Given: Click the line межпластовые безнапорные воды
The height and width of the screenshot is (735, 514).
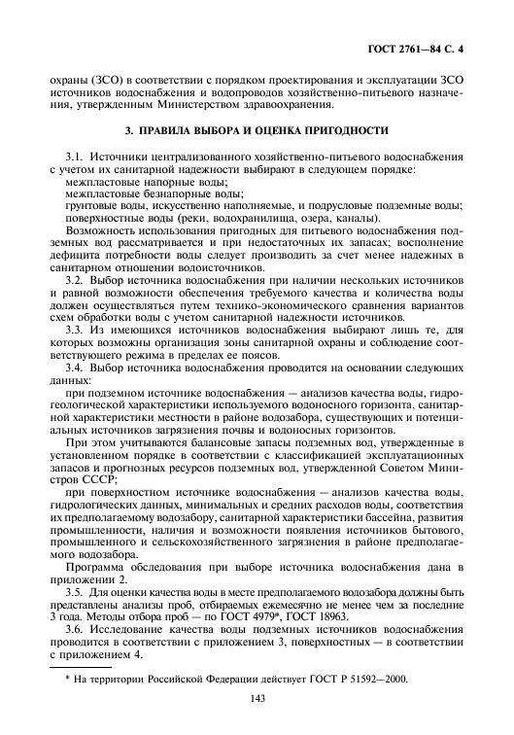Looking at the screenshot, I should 132,192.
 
